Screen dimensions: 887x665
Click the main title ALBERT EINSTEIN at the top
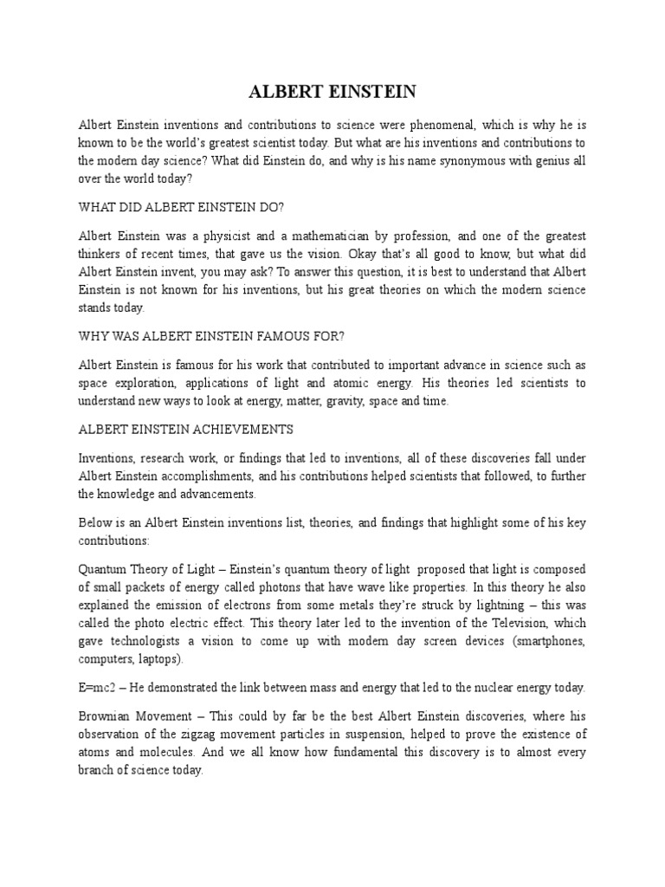coord(332,92)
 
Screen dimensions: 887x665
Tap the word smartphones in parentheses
coord(544,640)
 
